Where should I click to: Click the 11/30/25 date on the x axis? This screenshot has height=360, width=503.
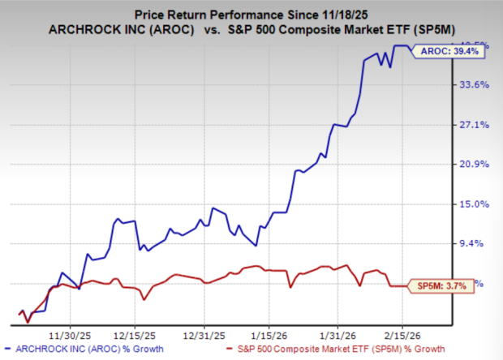coord(71,333)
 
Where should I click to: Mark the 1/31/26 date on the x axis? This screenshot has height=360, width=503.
coord(339,333)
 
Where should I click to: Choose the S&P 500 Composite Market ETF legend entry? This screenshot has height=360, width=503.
coord(321,350)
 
